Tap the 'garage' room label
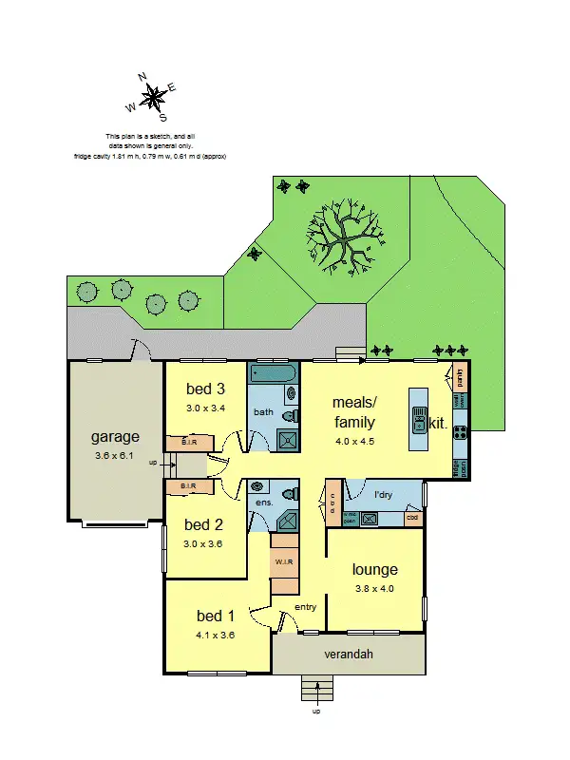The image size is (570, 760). pos(115,437)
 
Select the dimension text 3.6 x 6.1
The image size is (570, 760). pos(115,455)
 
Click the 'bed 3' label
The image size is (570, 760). pos(205,389)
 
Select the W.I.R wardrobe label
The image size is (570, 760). pos(284,562)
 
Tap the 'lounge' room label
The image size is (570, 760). pos(374,570)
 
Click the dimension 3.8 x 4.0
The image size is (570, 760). pos(374,588)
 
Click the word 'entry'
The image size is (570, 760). pos(305,607)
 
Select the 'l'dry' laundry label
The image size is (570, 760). pos(384,495)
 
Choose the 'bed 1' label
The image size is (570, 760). pos(215,616)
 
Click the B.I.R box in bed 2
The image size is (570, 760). pos(187,486)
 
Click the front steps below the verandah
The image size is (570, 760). pos(316,688)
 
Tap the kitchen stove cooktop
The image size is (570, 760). pos(460,431)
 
